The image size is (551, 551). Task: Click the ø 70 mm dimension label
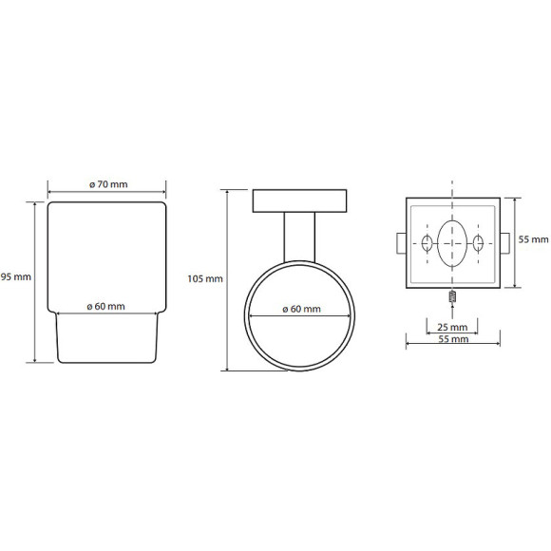[108, 184]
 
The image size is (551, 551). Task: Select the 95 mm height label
[16, 276]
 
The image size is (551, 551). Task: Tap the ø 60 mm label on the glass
[105, 307]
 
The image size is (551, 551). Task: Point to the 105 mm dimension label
[205, 279]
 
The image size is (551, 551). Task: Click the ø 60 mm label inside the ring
[301, 310]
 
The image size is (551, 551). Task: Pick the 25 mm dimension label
[452, 327]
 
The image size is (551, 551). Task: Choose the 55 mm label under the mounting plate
[453, 339]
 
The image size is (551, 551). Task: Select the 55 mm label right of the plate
[534, 239]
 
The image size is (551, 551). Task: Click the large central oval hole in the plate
[452, 243]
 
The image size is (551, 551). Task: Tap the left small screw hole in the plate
[427, 243]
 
